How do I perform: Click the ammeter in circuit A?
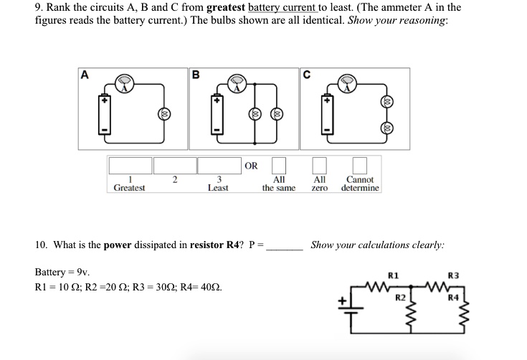(x=125, y=84)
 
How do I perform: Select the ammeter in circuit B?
(x=237, y=84)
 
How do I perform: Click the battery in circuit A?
(x=105, y=115)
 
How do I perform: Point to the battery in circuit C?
(x=328, y=115)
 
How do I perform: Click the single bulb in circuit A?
(x=164, y=115)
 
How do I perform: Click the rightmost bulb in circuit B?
(x=277, y=115)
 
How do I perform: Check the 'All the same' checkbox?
(x=279, y=166)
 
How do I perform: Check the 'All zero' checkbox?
(x=320, y=166)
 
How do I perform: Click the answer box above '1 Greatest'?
(x=130, y=166)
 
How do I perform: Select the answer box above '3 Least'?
(x=218, y=166)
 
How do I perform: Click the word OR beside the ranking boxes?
(x=251, y=166)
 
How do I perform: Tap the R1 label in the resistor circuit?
(x=392, y=275)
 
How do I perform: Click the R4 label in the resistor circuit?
(x=452, y=295)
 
